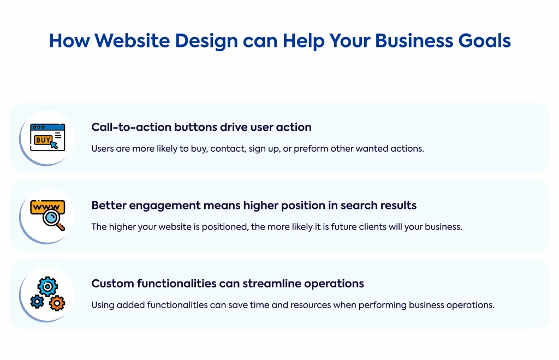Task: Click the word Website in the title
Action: (132, 40)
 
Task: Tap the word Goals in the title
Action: (485, 40)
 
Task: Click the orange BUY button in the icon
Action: (43, 140)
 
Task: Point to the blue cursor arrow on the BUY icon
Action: (54, 145)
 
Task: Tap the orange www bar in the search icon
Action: (47, 206)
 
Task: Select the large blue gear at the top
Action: (47, 287)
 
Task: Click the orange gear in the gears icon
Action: (57, 303)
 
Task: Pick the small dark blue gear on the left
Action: (37, 302)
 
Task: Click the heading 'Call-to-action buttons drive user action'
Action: (201, 127)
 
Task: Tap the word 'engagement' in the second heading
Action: (165, 206)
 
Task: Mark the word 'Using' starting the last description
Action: (102, 305)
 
